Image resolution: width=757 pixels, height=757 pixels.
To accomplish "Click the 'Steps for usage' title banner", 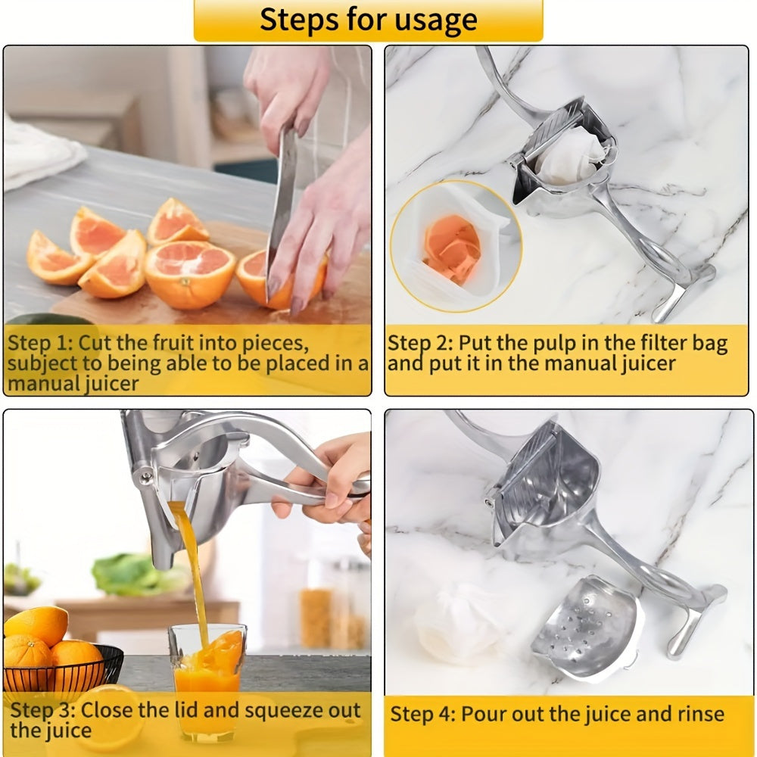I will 369,20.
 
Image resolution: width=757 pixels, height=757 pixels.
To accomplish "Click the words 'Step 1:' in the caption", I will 40,343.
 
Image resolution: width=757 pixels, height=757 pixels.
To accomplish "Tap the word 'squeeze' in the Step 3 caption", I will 278,711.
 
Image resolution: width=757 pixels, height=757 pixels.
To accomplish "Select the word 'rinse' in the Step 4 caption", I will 697,714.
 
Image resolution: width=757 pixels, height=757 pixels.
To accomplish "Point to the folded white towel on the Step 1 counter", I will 38,151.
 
